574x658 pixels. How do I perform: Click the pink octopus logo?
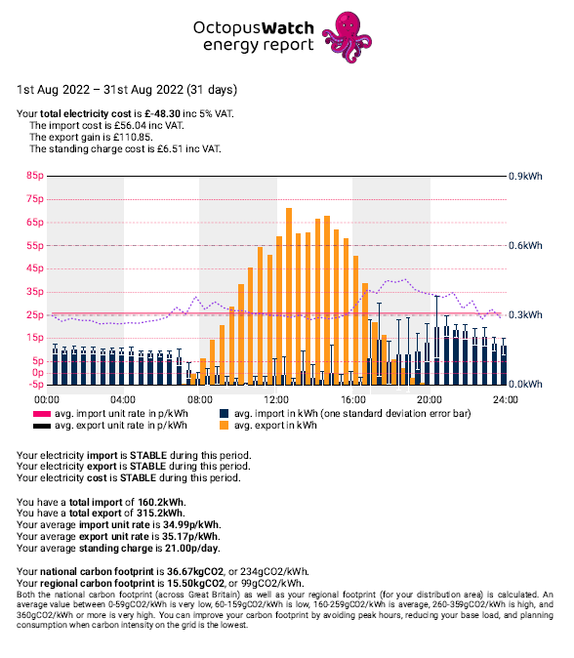347,37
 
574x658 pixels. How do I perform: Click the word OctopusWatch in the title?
254,27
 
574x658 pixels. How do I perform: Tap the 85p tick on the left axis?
35,176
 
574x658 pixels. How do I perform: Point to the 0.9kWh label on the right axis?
525,177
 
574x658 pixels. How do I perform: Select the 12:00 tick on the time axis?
276,399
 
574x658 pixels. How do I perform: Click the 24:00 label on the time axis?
506,399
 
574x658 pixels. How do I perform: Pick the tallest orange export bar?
289,296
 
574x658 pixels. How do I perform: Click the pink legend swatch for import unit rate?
42,414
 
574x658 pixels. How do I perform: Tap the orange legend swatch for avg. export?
225,425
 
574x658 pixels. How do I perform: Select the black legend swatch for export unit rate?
42,426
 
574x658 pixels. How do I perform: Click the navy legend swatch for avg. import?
225,413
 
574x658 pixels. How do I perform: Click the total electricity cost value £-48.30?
163,113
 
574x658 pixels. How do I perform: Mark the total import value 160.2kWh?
161,503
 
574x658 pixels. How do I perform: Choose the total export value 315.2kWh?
160,514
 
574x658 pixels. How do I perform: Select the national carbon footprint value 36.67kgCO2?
195,571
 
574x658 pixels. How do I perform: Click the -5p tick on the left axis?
36,385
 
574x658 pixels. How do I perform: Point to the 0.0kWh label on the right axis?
525,385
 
